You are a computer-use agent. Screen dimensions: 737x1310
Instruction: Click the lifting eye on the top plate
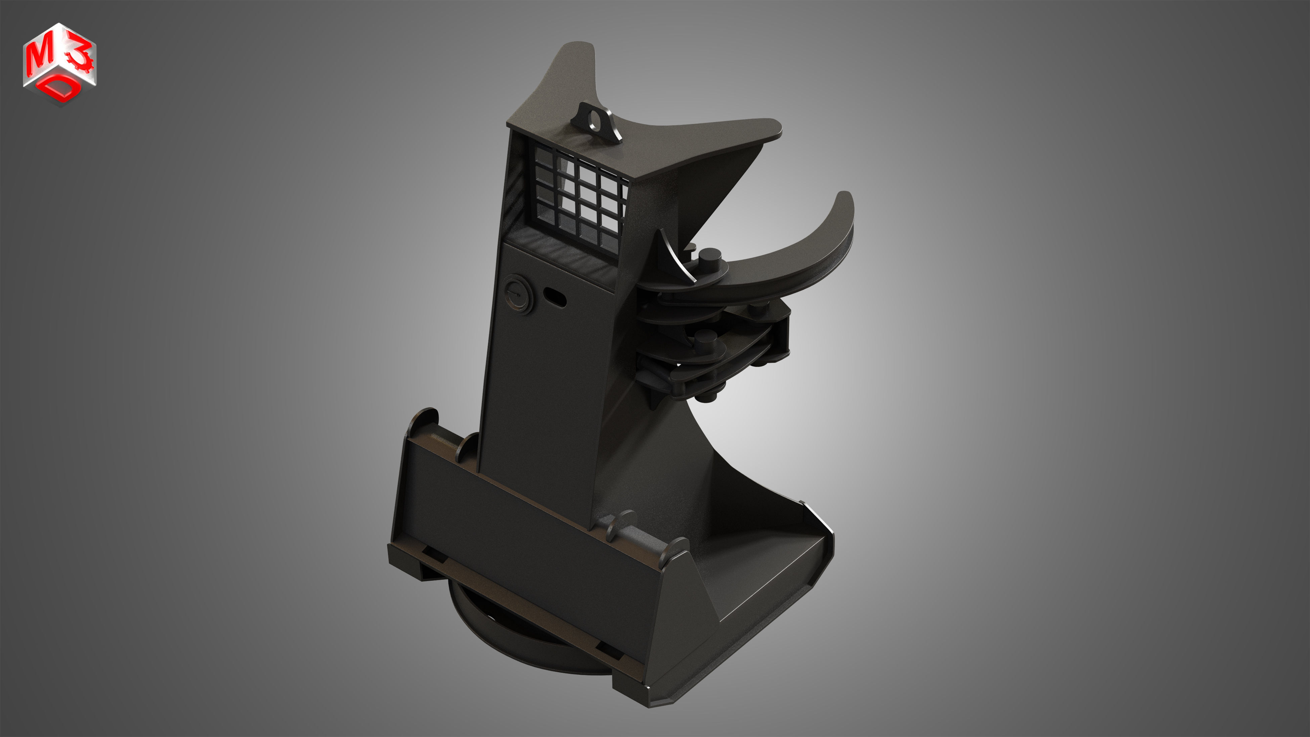pos(596,122)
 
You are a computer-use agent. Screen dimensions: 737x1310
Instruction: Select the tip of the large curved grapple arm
pos(845,198)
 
